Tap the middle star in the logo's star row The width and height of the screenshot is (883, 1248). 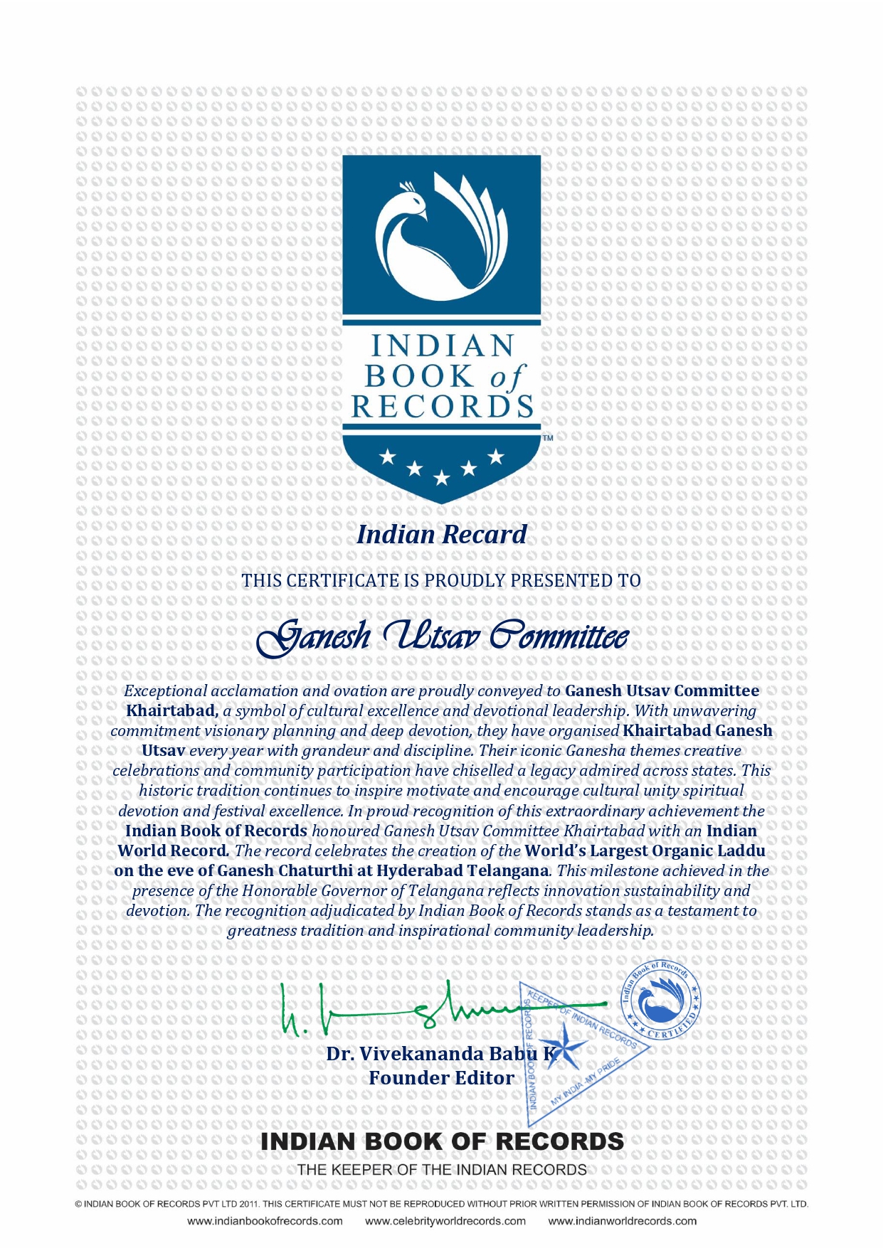[442, 478]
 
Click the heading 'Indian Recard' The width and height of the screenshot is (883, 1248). [442, 535]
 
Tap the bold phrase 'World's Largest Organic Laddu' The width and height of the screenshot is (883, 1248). [645, 851]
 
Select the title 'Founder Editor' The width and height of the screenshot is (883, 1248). [441, 1078]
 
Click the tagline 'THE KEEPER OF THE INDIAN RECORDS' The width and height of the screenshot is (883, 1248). [442, 1170]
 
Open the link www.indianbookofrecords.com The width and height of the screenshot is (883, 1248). [265, 1221]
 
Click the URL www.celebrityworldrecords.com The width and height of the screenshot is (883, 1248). [445, 1221]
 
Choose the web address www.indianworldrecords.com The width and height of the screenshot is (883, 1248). [622, 1221]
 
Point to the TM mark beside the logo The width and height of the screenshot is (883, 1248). [548, 439]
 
